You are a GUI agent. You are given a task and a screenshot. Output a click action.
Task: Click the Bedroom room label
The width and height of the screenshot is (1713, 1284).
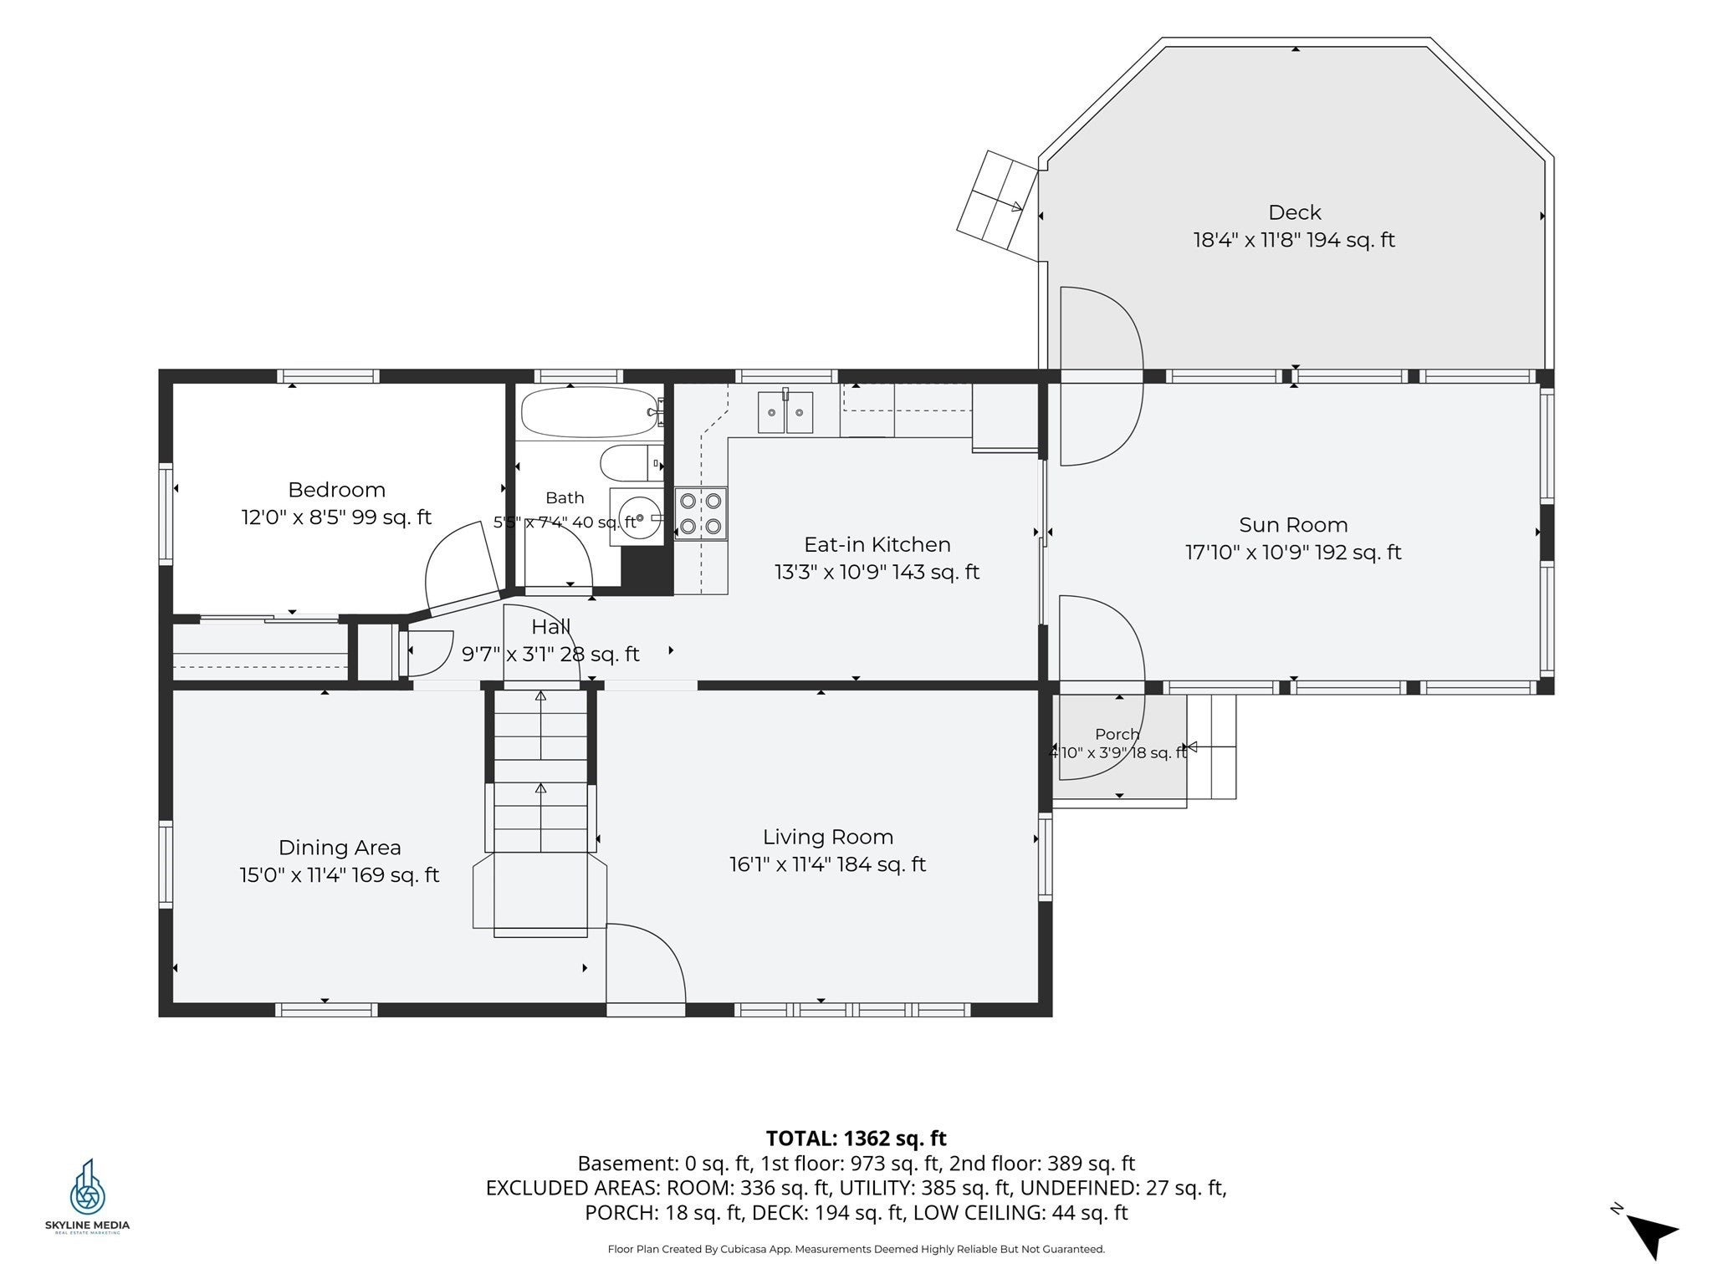[336, 490]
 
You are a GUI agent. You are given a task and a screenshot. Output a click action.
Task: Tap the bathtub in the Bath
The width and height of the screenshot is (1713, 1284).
[591, 412]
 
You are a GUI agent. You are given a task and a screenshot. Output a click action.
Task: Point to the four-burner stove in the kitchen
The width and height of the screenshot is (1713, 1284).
[701, 513]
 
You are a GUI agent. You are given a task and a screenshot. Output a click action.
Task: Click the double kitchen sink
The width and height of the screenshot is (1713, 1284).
[785, 412]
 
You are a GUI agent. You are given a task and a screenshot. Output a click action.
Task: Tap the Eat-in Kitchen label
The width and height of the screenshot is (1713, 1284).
[877, 545]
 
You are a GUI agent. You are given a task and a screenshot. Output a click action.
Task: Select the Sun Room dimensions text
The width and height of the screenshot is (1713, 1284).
[1293, 553]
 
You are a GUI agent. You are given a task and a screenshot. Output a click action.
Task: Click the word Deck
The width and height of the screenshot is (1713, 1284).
[1294, 212]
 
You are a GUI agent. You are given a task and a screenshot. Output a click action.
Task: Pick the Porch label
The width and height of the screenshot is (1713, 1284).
[1117, 734]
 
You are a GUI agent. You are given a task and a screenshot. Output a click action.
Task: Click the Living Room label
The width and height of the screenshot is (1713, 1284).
[828, 837]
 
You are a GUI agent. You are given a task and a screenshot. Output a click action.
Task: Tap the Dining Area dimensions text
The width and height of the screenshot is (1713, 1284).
[339, 875]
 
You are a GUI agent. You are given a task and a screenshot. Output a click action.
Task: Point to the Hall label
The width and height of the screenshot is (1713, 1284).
[551, 627]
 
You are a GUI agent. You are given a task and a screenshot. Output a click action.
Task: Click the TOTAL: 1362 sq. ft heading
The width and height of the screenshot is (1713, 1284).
[856, 1139]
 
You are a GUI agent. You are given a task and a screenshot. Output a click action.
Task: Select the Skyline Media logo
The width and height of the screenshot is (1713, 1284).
[87, 1195]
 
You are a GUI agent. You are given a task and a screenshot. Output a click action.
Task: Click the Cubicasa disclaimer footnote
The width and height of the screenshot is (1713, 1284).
[856, 1249]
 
